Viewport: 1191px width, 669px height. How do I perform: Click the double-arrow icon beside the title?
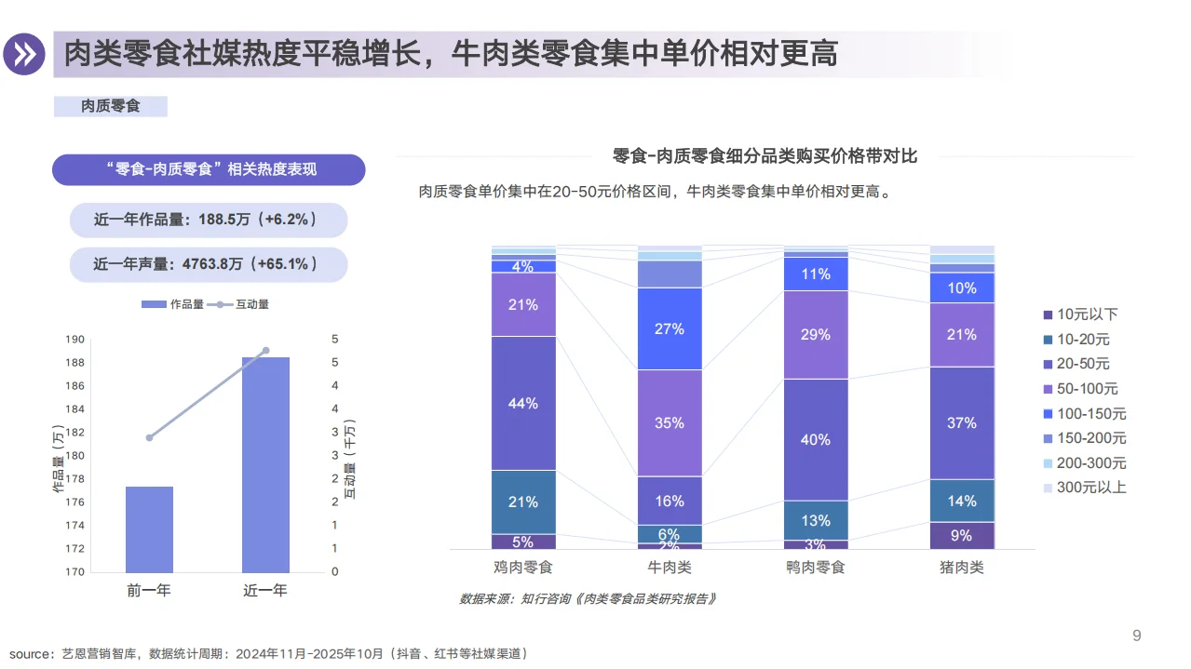click(x=24, y=54)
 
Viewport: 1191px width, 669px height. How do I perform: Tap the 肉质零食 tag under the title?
click(x=110, y=106)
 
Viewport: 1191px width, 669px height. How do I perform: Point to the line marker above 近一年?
click(x=265, y=351)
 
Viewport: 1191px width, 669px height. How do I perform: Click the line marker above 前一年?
click(x=149, y=437)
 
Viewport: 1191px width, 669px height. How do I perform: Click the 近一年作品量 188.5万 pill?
click(x=208, y=221)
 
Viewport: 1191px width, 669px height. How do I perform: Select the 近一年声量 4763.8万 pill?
click(x=208, y=264)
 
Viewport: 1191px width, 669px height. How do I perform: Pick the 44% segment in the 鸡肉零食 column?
click(x=523, y=403)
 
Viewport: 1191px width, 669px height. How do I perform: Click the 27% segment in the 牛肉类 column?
click(x=670, y=328)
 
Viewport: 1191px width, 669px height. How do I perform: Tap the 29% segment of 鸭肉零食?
click(x=816, y=334)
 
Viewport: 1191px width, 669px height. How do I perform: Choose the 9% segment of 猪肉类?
click(x=962, y=535)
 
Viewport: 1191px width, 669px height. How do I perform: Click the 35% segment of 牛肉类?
click(x=670, y=423)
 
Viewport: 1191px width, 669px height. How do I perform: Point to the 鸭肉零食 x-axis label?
click(x=816, y=567)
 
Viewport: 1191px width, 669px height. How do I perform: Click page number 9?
click(x=1136, y=636)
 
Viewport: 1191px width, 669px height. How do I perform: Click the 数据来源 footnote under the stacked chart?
click(x=589, y=598)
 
